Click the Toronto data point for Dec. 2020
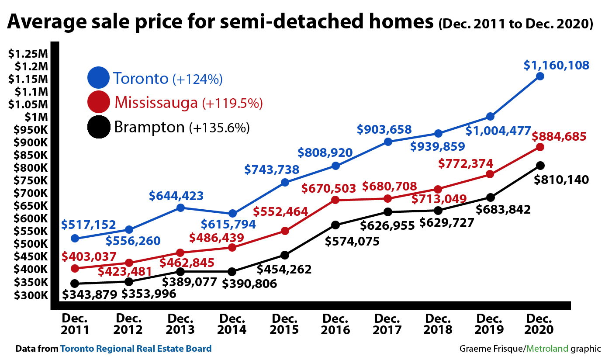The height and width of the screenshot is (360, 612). (x=540, y=76)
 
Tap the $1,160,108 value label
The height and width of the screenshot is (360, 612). (x=557, y=66)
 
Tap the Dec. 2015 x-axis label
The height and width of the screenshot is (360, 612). (x=284, y=324)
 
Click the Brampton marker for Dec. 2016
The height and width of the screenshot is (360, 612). (x=335, y=225)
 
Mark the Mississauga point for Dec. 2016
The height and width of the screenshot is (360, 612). (x=335, y=200)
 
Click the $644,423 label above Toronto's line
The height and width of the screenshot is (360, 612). (x=176, y=196)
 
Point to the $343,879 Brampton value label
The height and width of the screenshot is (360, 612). (x=90, y=294)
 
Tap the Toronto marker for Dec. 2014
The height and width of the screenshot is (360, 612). (x=232, y=214)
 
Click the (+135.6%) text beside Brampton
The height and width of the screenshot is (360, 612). (x=219, y=128)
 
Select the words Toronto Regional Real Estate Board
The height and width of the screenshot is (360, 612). (x=136, y=349)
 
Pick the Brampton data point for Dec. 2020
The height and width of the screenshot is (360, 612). (x=540, y=165)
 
